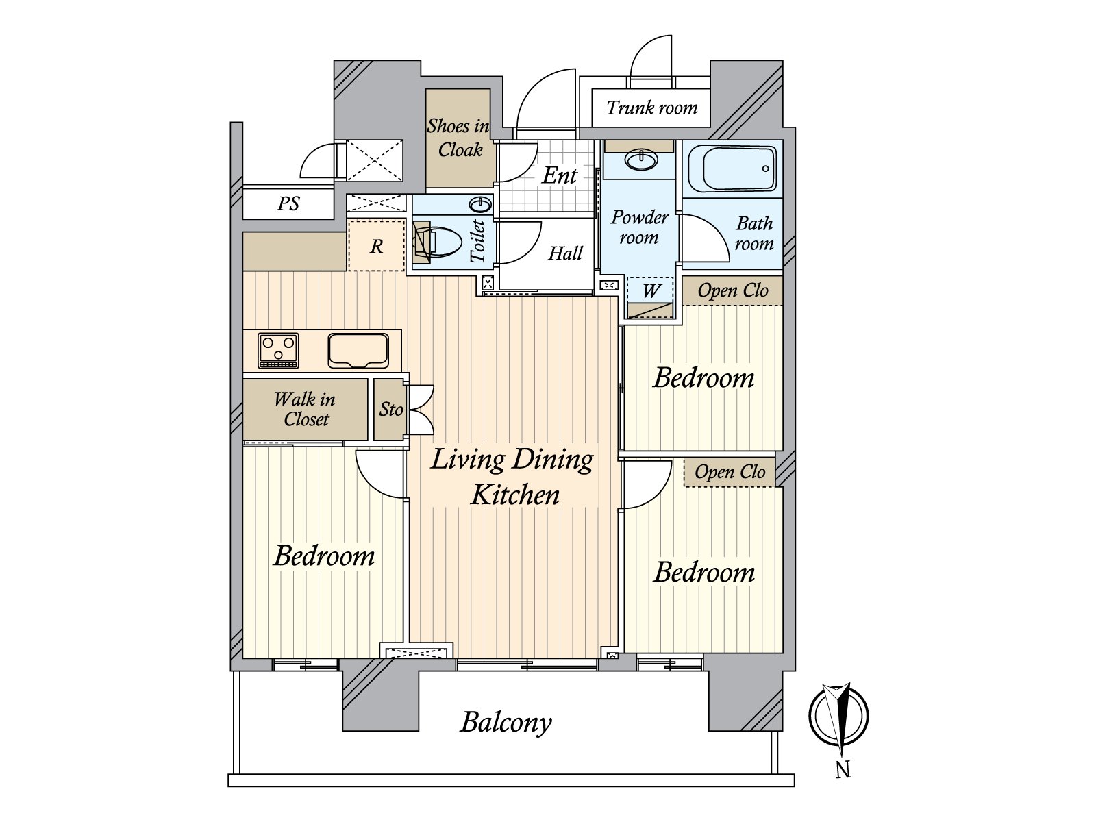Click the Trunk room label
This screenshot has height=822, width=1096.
pos(651,108)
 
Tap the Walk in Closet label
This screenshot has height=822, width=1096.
pos(305,409)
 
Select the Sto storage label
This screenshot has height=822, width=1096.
pos(391,410)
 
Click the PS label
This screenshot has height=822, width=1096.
pos(288,203)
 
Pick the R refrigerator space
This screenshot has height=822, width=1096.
pos(376,246)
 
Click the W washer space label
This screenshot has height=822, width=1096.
pos(650,290)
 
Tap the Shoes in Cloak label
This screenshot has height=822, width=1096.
pos(458,138)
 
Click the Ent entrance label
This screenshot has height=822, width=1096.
pos(559,175)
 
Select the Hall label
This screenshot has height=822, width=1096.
pos(565,253)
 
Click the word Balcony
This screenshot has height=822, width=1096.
pos(506,722)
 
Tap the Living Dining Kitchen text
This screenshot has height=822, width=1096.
pos(512,476)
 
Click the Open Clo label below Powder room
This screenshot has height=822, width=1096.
pos(732,290)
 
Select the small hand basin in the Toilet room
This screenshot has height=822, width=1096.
pos(482,204)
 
